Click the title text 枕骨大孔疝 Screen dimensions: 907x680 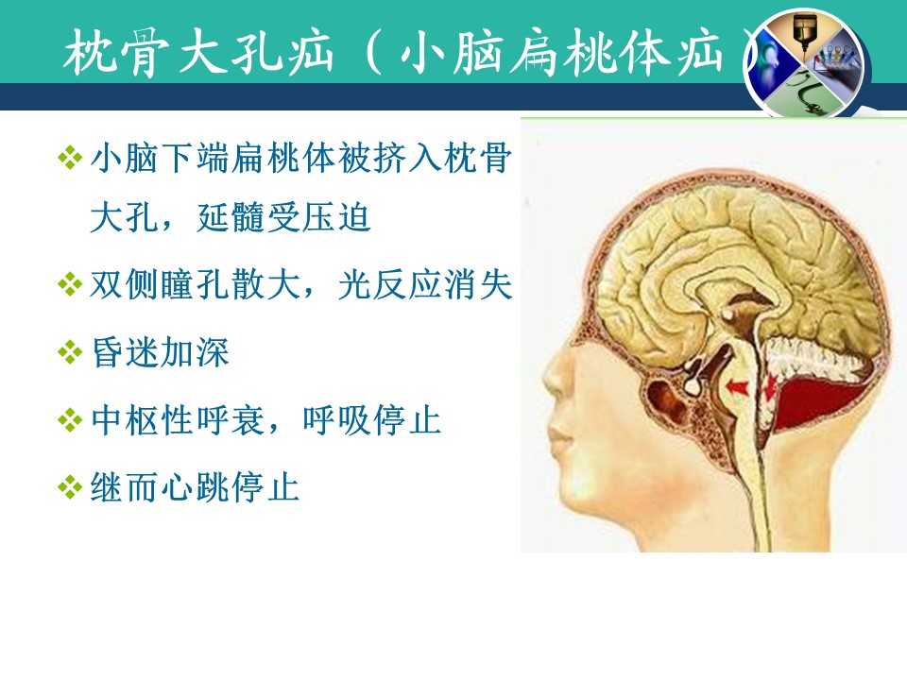[x=198, y=53]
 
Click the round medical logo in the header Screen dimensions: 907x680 [x=806, y=63]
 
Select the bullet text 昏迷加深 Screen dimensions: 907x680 [x=161, y=352]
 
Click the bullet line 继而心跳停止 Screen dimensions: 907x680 [x=195, y=487]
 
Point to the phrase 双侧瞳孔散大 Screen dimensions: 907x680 [x=195, y=285]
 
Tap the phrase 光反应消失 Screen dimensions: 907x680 [x=425, y=285]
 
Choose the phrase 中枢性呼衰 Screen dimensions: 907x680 [x=178, y=419]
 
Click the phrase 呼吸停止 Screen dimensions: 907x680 [x=372, y=419]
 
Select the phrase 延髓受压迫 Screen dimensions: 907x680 [x=283, y=218]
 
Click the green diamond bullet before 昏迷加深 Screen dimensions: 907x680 [x=70, y=352]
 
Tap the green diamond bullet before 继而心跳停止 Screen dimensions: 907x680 [x=70, y=487]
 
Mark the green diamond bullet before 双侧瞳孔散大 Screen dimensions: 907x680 [x=70, y=285]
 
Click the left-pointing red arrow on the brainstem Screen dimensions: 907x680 [x=736, y=387]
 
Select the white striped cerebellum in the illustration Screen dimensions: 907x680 [x=815, y=359]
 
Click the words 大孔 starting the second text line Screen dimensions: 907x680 [x=126, y=218]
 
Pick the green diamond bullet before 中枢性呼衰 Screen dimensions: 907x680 [x=70, y=420]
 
